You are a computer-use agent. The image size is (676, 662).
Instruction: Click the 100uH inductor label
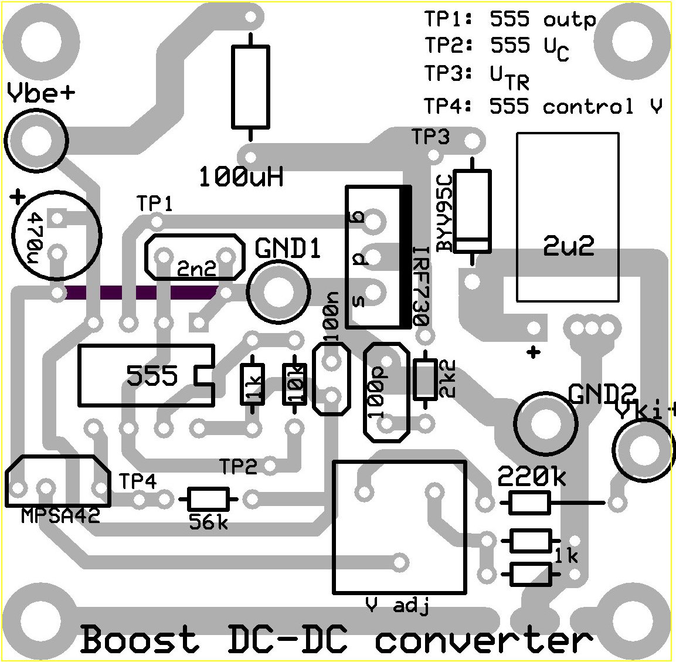(x=241, y=176)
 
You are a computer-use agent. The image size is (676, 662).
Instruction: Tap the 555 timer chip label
(x=152, y=375)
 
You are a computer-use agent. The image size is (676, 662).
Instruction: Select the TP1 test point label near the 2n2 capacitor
(x=155, y=204)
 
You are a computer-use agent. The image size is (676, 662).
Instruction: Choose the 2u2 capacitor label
(x=568, y=247)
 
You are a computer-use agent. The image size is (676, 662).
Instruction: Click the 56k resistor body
(x=208, y=499)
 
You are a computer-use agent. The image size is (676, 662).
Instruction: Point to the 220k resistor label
(x=532, y=477)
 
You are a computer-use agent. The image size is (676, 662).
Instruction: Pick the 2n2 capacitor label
(x=197, y=269)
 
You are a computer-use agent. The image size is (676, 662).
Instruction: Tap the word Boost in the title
(x=140, y=640)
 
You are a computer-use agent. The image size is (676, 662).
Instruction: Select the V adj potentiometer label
(x=397, y=605)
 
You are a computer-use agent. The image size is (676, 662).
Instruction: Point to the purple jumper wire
(x=141, y=293)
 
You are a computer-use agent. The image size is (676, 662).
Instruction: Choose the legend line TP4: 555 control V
(x=543, y=107)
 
